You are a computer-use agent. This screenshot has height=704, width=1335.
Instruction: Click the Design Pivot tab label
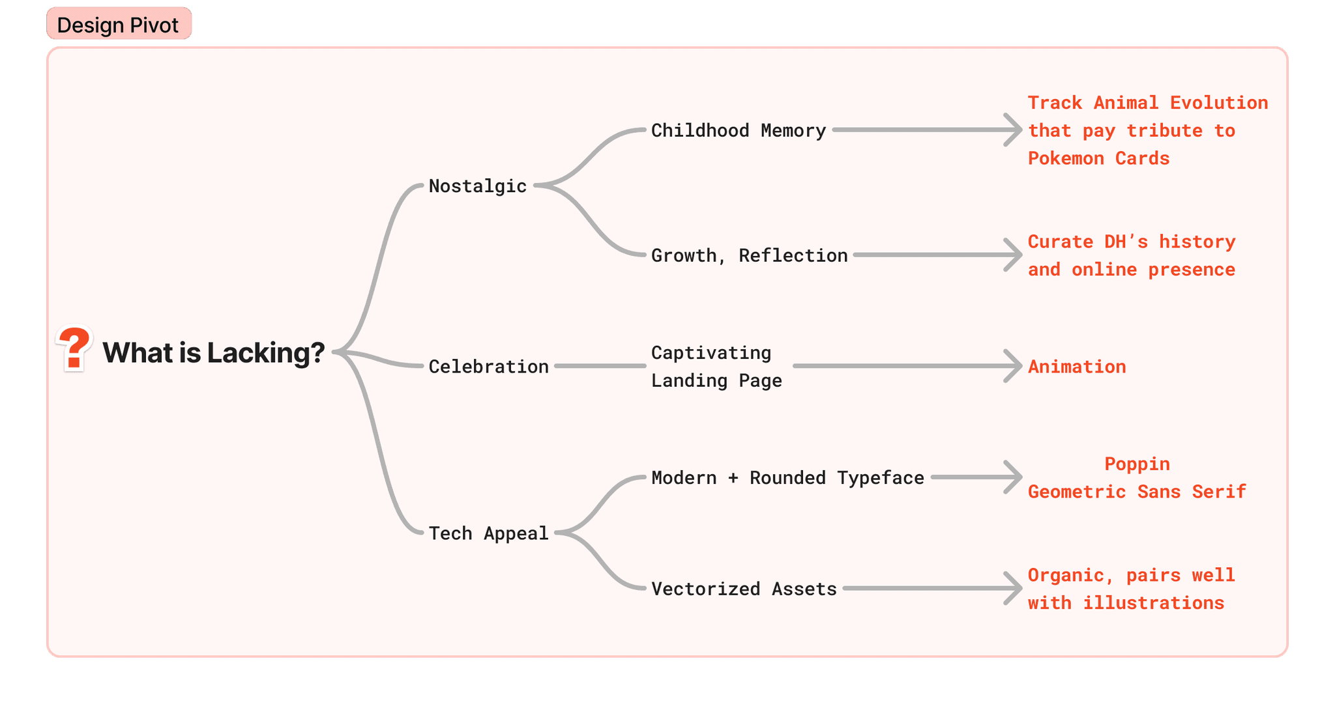tap(118, 25)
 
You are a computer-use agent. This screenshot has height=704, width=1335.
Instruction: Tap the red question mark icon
tap(74, 348)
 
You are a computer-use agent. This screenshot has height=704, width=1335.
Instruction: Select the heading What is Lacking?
tap(214, 353)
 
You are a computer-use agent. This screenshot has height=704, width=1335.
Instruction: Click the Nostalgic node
tap(478, 186)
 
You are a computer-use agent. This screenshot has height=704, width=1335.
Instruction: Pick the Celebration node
tap(489, 367)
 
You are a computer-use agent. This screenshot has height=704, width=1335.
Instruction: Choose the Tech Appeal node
tap(489, 533)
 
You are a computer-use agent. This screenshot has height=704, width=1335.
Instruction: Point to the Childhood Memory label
tap(739, 131)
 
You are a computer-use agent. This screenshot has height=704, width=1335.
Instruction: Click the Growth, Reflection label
tap(750, 255)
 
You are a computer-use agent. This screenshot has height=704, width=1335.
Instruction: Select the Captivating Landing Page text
tap(716, 367)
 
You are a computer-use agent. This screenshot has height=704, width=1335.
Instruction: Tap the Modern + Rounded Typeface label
tap(787, 478)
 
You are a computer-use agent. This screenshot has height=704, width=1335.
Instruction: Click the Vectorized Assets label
tap(744, 589)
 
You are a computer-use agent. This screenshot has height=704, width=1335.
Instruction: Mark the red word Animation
tap(1077, 367)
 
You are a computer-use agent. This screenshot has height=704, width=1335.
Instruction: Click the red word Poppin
tap(1137, 464)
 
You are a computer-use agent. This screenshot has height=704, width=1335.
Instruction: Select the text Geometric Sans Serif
tap(1137, 492)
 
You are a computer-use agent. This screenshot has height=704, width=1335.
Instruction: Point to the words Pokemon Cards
tap(1098, 158)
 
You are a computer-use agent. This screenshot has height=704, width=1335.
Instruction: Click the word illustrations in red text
tap(1153, 603)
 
